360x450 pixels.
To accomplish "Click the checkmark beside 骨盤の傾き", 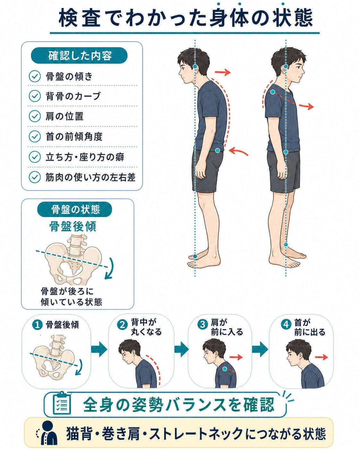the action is coord(35,76).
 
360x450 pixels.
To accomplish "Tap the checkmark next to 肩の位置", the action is coord(35,116).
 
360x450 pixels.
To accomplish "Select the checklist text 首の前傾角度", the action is coord(74,136).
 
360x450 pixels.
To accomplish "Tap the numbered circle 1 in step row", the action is coord(38,325).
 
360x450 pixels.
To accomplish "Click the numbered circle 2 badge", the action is coord(122,325).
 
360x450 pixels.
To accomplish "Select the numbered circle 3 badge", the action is coord(202,324).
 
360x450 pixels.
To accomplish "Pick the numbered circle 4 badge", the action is coord(286,324).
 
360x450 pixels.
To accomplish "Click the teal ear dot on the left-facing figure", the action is coord(195,66).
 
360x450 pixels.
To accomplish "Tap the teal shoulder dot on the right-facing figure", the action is coord(273,92).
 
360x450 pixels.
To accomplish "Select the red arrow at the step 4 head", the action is coord(321,357).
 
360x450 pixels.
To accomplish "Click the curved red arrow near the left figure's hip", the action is coord(238,151).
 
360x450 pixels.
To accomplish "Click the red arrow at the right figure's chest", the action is coord(306,106).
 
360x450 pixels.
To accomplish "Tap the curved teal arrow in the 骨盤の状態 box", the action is coord(110,269).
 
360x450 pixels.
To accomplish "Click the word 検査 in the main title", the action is coord(80,18).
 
